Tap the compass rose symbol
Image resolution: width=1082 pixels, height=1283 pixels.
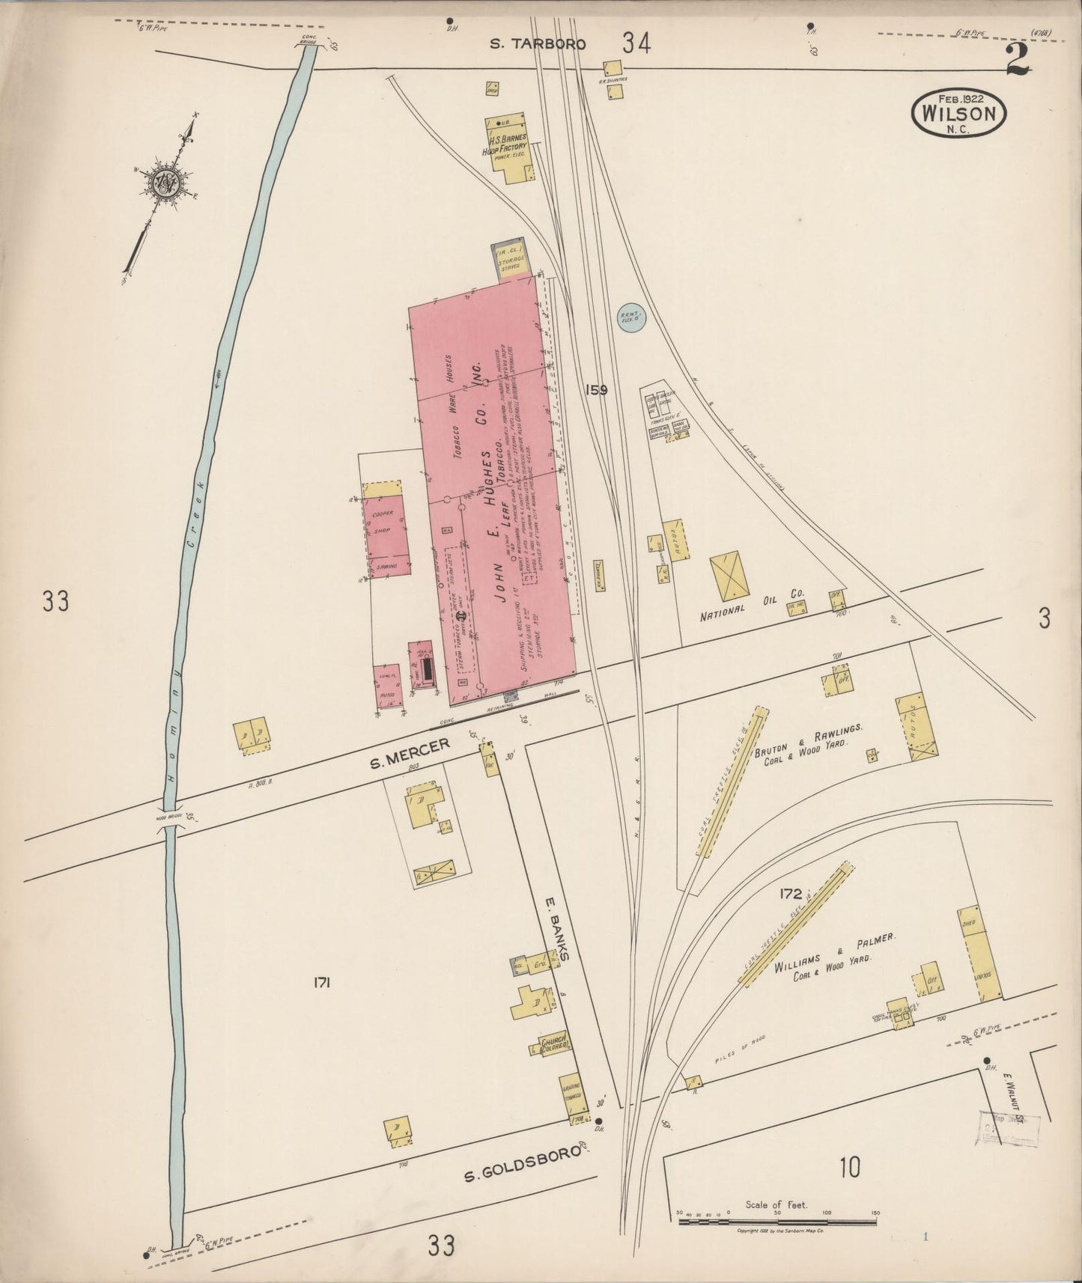pos(164,182)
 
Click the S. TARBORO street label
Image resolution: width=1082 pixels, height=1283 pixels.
pos(537,43)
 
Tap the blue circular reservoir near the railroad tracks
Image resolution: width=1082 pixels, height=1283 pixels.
pos(631,317)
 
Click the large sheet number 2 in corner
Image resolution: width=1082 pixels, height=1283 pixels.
pos(1018,60)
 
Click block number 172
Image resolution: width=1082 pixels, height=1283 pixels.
pos(790,893)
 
